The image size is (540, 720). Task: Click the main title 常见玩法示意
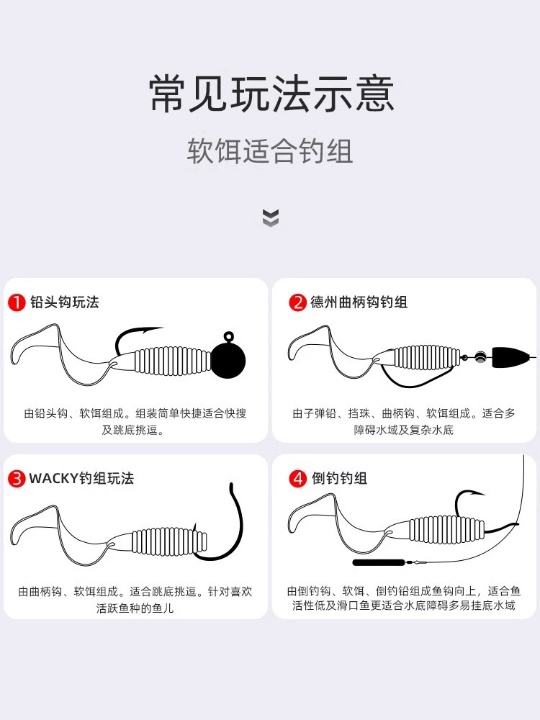click(x=271, y=94)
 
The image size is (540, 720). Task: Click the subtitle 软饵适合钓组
click(x=270, y=151)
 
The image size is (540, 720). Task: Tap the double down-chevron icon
click(x=271, y=217)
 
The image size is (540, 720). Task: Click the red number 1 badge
click(x=17, y=302)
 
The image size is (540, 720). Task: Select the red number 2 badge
click(x=297, y=302)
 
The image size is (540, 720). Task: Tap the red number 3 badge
click(x=17, y=479)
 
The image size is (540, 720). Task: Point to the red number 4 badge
click(x=297, y=479)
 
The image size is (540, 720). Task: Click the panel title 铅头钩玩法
click(x=65, y=302)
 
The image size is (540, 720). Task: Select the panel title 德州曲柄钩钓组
click(x=359, y=302)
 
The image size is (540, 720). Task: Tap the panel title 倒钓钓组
click(x=339, y=479)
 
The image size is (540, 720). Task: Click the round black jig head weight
click(x=228, y=360)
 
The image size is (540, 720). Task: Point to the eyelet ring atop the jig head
click(x=228, y=336)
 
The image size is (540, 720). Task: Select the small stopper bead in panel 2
click(x=480, y=356)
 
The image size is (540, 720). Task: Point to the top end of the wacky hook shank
click(x=231, y=485)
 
